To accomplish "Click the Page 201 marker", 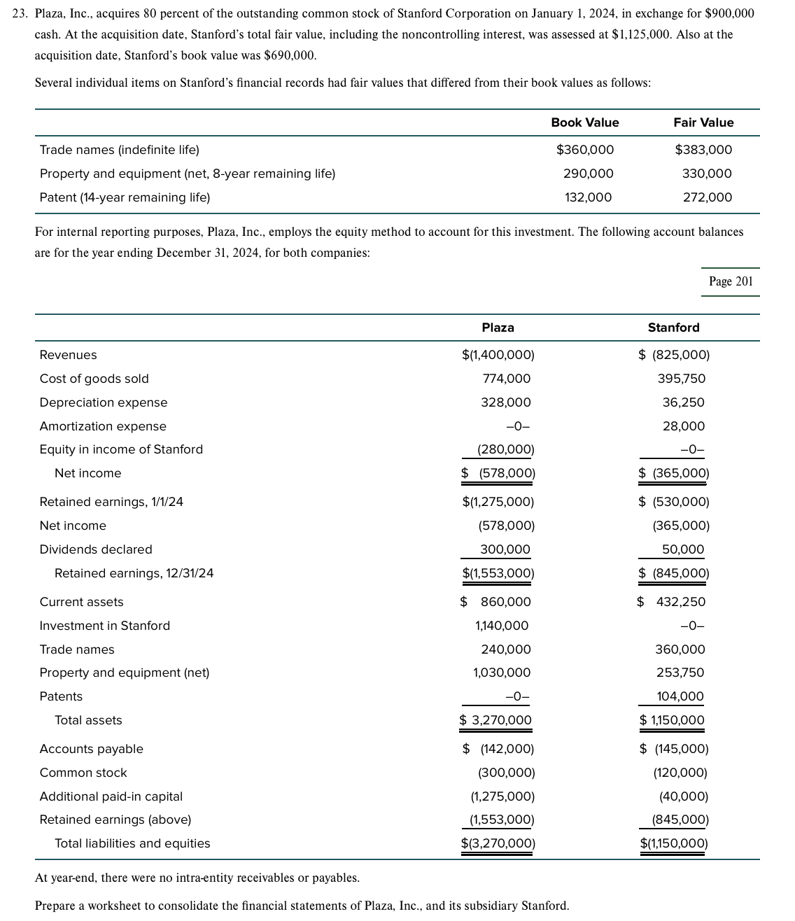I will pos(731,281).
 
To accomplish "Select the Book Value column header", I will pos(584,122).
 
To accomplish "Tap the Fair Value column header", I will pos(703,122).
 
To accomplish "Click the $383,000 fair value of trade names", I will pos(703,150).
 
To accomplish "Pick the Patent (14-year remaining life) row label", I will pos(125,197).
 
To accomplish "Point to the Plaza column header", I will pos(498,328).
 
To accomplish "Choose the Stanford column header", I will pos(673,328).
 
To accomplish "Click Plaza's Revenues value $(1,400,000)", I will pos(498,355).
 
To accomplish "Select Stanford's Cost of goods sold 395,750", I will pos(681,379).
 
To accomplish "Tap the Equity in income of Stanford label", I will pos(121,449).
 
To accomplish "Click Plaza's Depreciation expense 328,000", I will pos(505,402).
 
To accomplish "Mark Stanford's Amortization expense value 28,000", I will pos(684,426).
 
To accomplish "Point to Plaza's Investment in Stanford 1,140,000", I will pos(502,626).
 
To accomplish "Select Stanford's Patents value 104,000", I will pos(680,696).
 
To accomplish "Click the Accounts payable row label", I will pos(91,749).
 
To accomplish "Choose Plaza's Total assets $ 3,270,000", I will pos(495,720).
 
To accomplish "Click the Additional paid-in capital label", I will pos(111,796).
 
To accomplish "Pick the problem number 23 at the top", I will pos(21,13).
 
